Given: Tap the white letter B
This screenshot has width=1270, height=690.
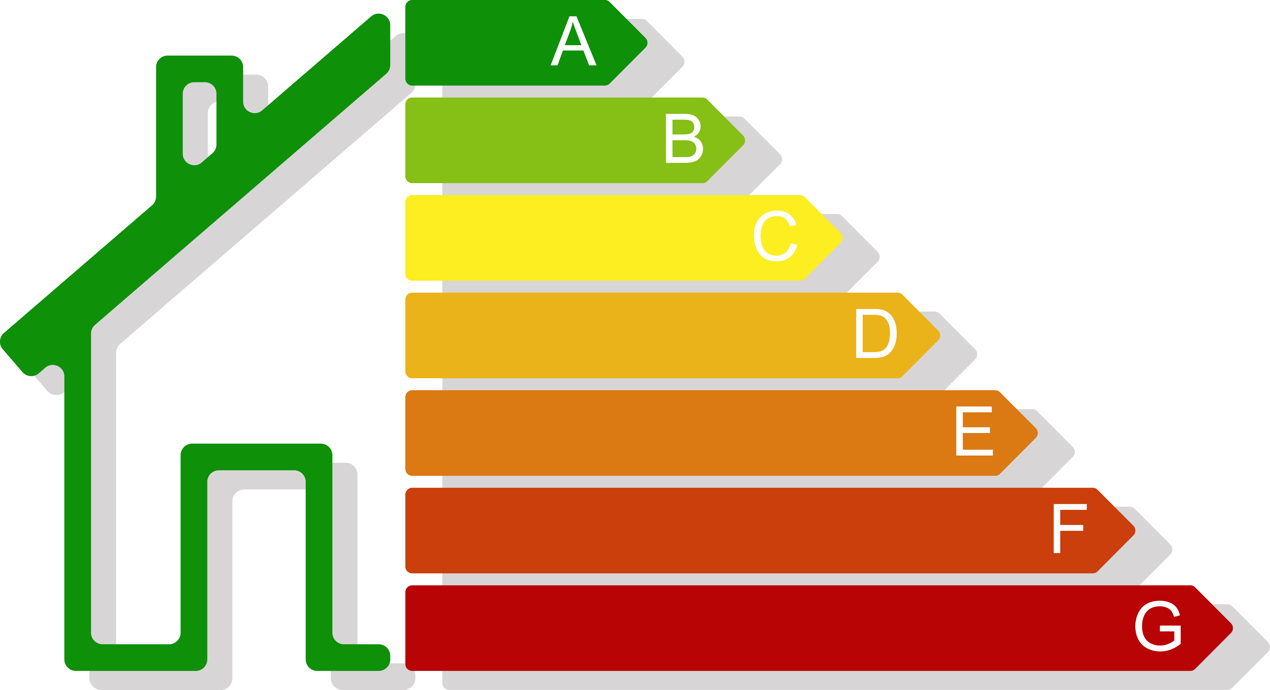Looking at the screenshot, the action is click(x=684, y=139).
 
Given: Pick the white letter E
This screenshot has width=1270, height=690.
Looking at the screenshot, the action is click(x=974, y=431).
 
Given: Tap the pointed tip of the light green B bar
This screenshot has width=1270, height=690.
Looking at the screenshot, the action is click(x=744, y=140).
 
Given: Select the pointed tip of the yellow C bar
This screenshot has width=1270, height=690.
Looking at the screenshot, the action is click(x=842, y=238).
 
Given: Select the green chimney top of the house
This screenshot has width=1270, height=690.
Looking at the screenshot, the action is click(x=200, y=62).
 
